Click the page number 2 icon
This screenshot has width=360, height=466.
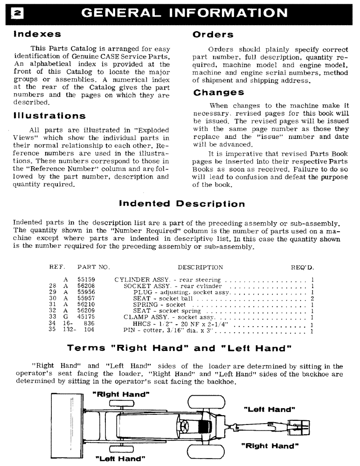[x=10, y=13]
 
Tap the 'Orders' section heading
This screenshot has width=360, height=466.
[x=213, y=34]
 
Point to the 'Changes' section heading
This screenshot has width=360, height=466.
[x=218, y=92]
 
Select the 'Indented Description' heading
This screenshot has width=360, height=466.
[x=182, y=204]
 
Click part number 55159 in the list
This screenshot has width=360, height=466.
[x=84, y=280]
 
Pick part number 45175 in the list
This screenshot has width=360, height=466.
[x=84, y=318]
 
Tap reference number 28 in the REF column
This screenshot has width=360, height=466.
[x=53, y=286]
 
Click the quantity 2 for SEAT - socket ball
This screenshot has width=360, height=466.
[x=312, y=299]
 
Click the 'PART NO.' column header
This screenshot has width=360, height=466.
[x=93, y=267]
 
